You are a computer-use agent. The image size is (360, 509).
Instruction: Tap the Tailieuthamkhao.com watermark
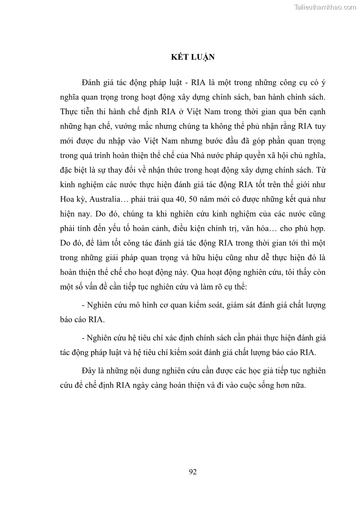325,7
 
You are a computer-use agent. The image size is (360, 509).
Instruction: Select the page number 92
193,471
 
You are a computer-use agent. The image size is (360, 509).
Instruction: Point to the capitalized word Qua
199,273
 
